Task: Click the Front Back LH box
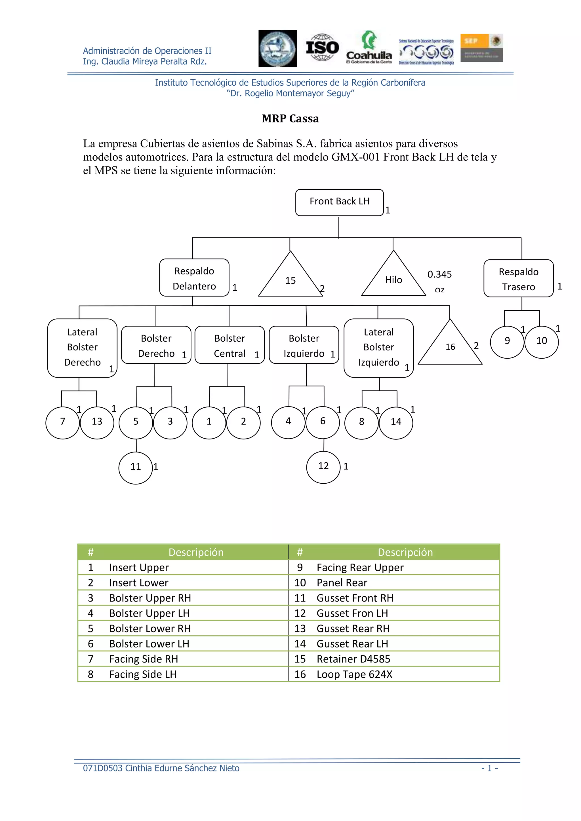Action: [339, 202]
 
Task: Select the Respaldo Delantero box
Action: [194, 278]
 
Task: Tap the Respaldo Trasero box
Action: [518, 279]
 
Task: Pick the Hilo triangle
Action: [393, 279]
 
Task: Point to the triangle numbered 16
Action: [450, 346]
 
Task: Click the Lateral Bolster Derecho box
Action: [82, 347]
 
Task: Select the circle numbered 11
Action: [136, 467]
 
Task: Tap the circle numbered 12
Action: [323, 466]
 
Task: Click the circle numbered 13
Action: [97, 422]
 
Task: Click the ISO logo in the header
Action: [322, 48]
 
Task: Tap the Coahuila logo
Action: [369, 48]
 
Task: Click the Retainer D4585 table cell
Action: [353, 659]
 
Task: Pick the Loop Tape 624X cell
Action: [355, 674]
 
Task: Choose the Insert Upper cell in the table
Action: [139, 568]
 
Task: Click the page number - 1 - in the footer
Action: [489, 768]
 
